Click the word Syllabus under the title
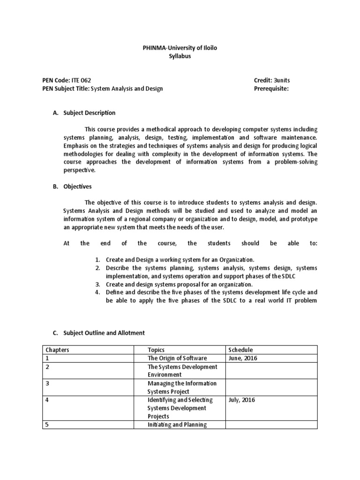(180, 56)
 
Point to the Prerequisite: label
(271, 89)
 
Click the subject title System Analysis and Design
(127, 89)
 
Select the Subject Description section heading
(89, 113)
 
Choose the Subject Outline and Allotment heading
(104, 333)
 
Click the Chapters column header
(57, 350)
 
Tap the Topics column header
(156, 350)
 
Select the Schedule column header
(240, 350)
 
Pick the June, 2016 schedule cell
(243, 358)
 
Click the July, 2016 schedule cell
(242, 400)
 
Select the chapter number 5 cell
(47, 425)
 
